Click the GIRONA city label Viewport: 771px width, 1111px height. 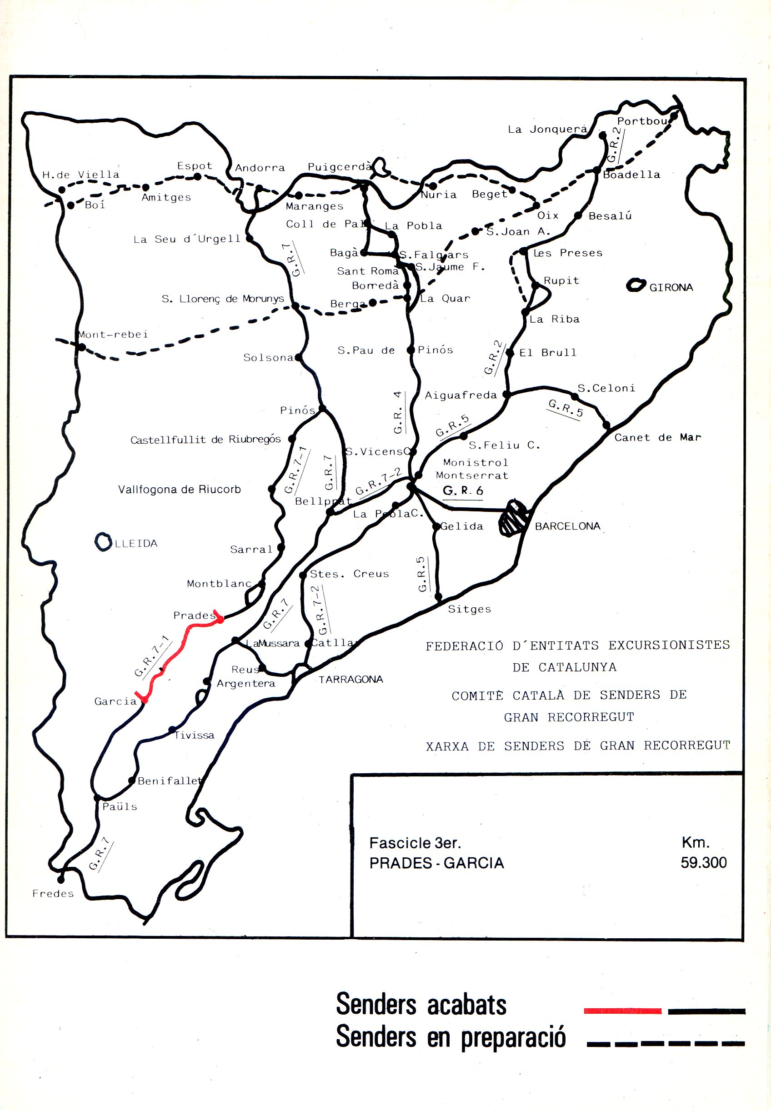pos(671,287)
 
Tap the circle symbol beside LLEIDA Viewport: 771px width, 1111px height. pos(102,541)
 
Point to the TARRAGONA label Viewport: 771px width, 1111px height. pos(350,679)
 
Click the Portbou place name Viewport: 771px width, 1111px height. pos(642,121)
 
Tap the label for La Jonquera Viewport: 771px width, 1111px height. pos(547,129)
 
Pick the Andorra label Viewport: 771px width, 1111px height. pos(260,168)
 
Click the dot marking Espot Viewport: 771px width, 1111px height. pos(198,177)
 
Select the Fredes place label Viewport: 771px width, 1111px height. pos(53,894)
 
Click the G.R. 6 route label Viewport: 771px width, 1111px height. pos(463,491)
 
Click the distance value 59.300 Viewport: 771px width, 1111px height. pos(703,862)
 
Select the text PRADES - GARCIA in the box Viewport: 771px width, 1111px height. pos(436,863)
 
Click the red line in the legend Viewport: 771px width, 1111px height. pos(622,1011)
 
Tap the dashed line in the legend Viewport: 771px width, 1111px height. pos(665,1044)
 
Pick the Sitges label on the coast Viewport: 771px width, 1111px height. pos(469,609)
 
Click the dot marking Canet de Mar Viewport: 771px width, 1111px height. pos(606,425)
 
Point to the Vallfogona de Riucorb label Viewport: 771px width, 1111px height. pos(179,489)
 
